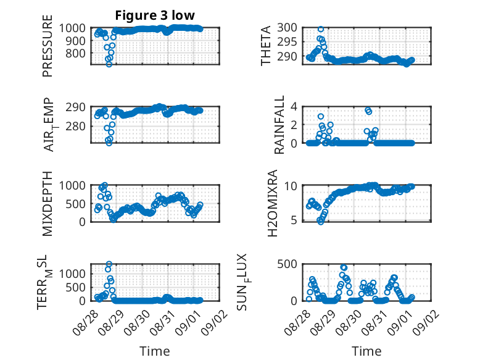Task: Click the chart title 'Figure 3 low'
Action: (155, 15)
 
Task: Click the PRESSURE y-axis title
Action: (48, 46)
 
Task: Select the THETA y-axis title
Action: (266, 46)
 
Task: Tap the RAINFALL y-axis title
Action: (279, 125)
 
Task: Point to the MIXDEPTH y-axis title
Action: (48, 204)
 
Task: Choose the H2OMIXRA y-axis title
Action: (273, 203)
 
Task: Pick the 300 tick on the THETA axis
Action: (288, 28)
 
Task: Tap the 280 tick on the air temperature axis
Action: (75, 126)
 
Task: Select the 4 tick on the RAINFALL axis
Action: (294, 107)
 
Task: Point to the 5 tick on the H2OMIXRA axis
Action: (294, 220)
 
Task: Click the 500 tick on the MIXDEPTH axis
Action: (75, 203)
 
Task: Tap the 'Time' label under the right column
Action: (366, 351)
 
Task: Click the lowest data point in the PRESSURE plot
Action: (109, 64)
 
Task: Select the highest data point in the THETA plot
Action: (320, 29)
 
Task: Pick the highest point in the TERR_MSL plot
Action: (109, 264)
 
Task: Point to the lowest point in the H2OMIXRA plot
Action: (320, 222)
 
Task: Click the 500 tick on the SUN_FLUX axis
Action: (288, 264)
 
